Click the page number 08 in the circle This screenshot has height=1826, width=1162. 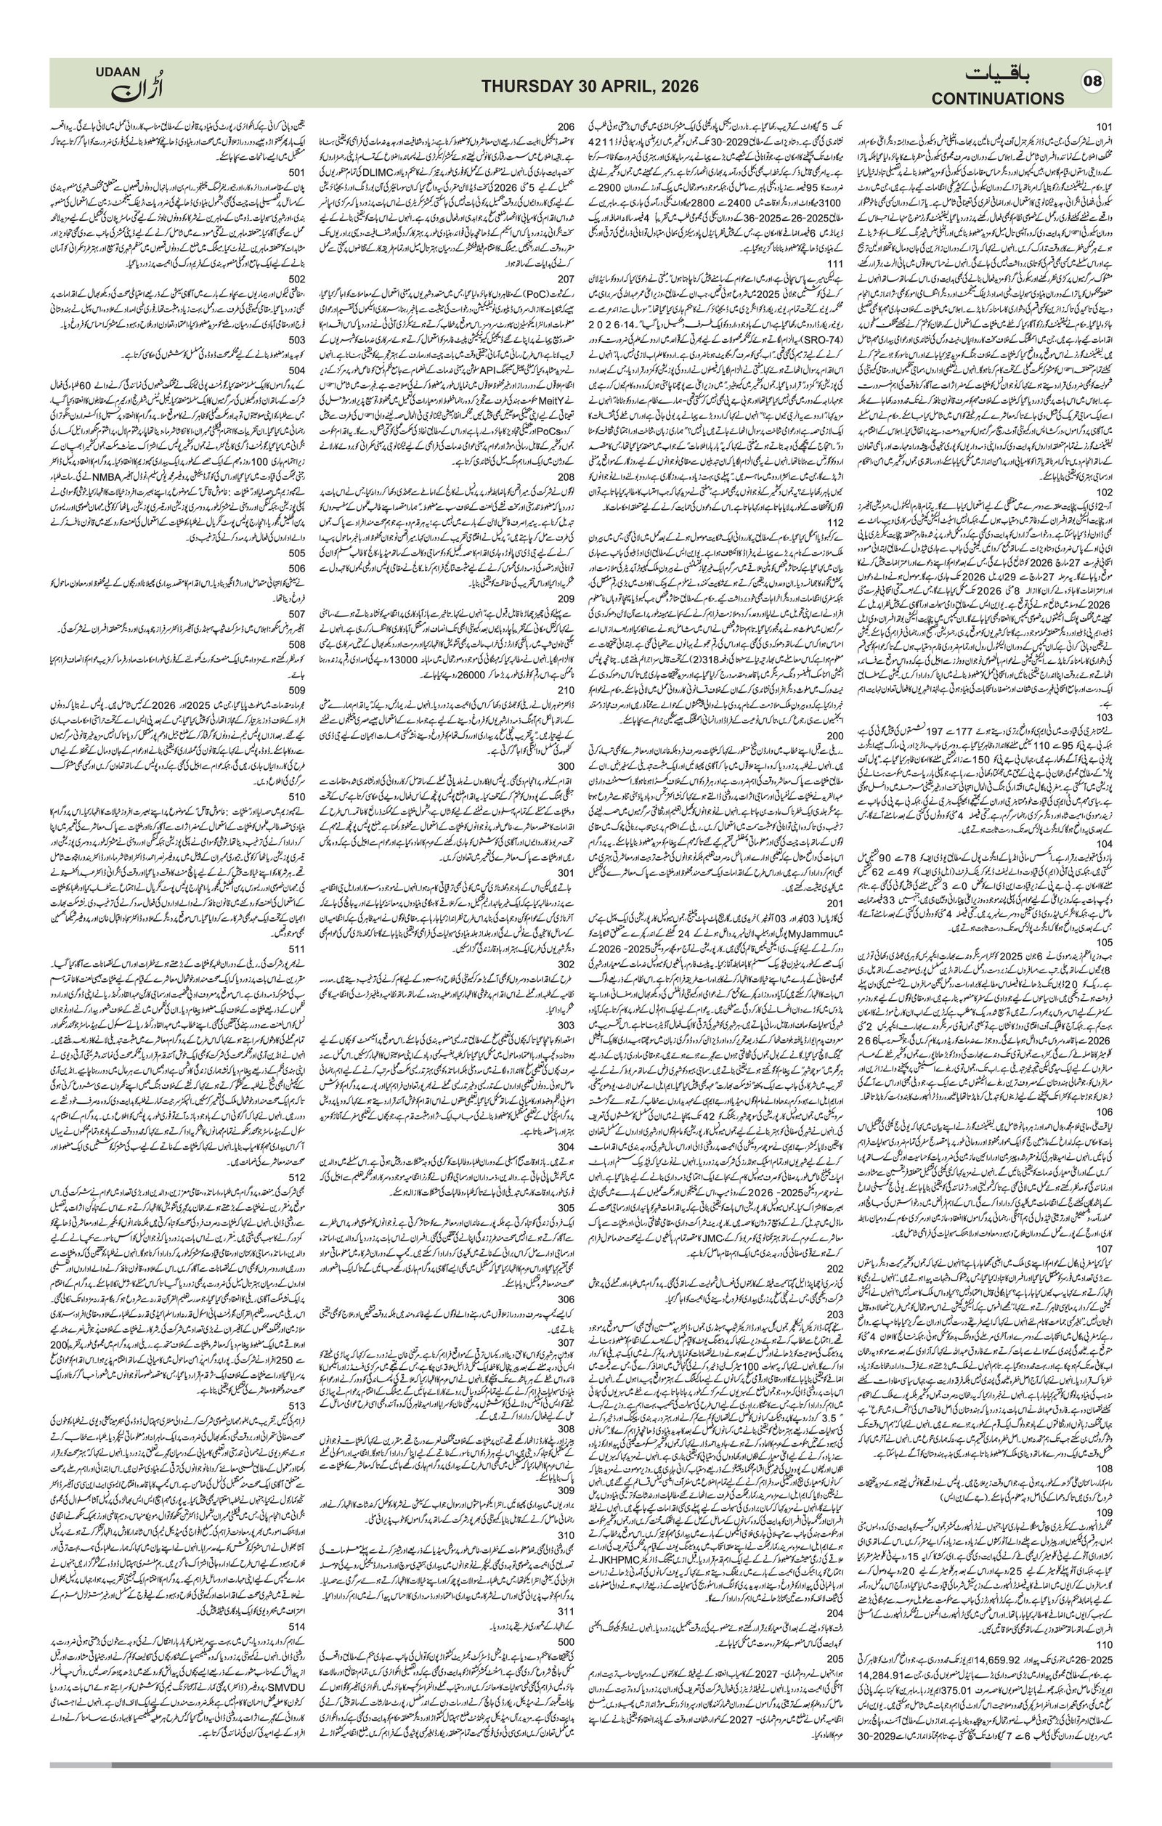(x=1092, y=81)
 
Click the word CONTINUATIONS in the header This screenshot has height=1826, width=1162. (x=998, y=99)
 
